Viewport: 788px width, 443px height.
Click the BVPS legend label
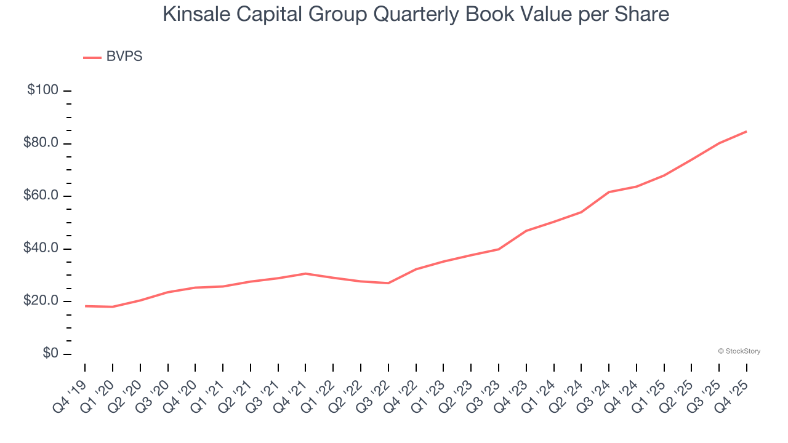[124, 57]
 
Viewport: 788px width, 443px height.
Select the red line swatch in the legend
[92, 57]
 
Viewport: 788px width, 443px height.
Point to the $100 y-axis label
[43, 90]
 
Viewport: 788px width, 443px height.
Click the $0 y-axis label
[50, 354]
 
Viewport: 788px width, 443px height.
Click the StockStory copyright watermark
[739, 351]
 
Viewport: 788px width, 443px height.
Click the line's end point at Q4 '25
[746, 131]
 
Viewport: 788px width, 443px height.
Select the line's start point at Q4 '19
[85, 306]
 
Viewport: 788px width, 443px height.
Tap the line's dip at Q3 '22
[388, 283]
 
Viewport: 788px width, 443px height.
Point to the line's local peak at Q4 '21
[305, 273]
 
